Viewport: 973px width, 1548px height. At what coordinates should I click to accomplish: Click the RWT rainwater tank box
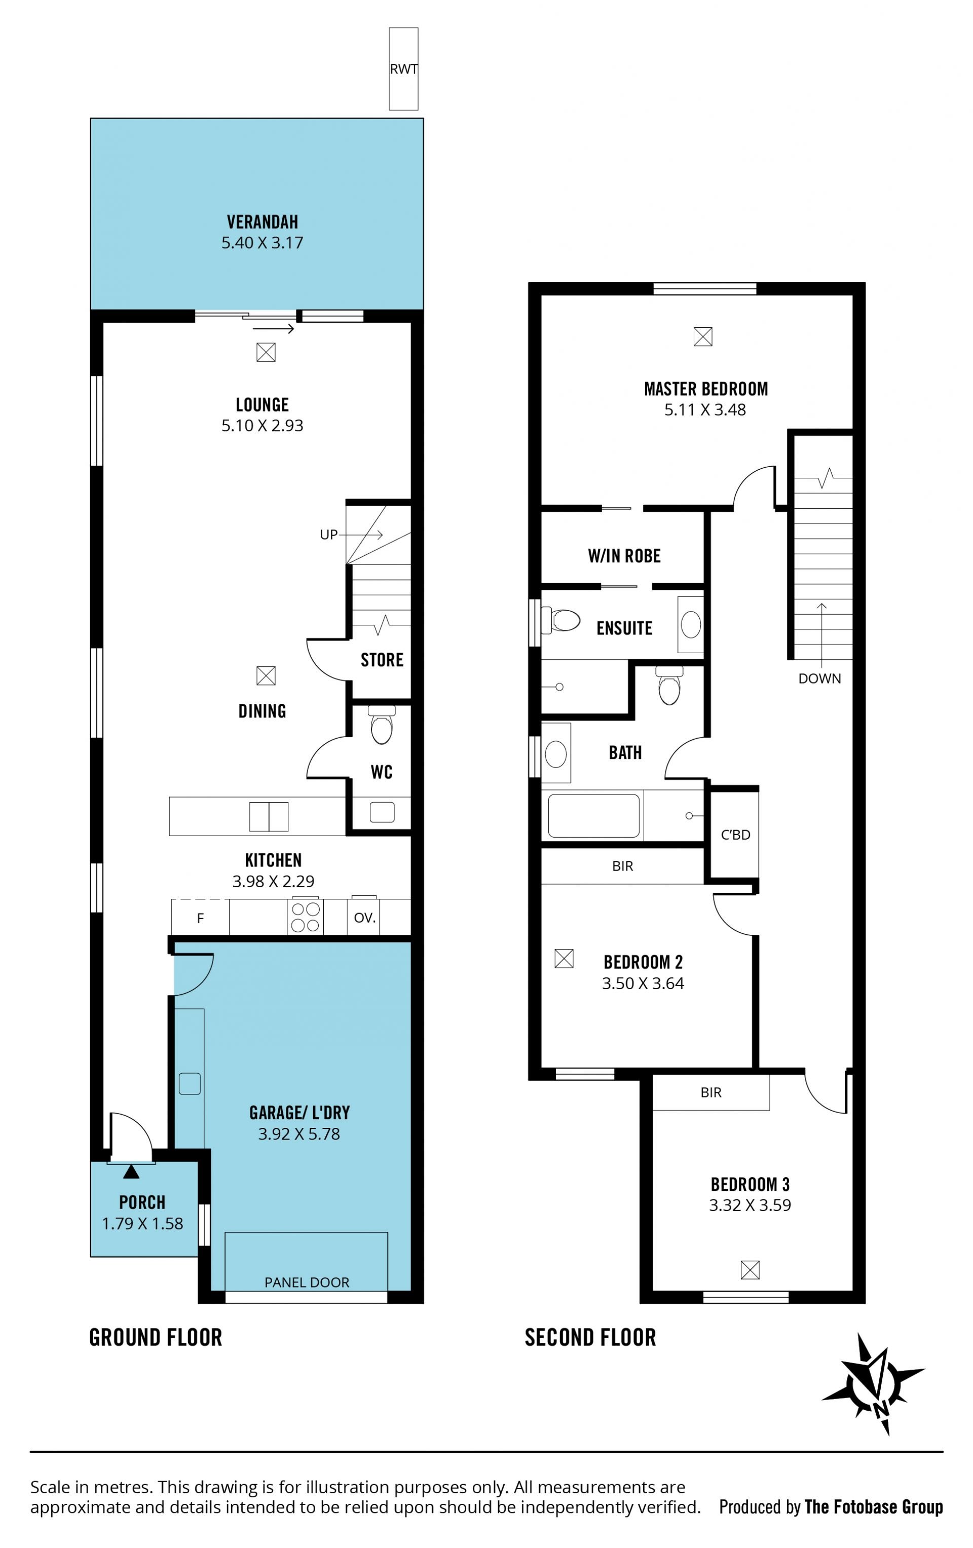pyautogui.click(x=403, y=69)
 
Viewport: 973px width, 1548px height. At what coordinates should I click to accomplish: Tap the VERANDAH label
pyautogui.click(x=263, y=222)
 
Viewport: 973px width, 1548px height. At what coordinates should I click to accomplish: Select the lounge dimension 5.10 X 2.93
pyautogui.click(x=263, y=426)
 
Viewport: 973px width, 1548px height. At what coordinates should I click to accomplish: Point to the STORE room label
pyautogui.click(x=382, y=660)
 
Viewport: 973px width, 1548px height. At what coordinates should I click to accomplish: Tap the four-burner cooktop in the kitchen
pyautogui.click(x=306, y=916)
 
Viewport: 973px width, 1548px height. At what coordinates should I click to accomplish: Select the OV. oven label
pyautogui.click(x=365, y=918)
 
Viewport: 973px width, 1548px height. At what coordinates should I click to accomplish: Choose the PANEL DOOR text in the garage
pyautogui.click(x=307, y=1282)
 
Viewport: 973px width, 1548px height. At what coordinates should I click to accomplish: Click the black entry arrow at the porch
pyautogui.click(x=131, y=1172)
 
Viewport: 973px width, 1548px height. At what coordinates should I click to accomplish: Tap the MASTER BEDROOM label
pyautogui.click(x=705, y=389)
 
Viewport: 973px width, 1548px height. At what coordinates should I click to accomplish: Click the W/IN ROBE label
pyautogui.click(x=624, y=556)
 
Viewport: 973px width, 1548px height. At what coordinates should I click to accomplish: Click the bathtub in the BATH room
pyautogui.click(x=593, y=815)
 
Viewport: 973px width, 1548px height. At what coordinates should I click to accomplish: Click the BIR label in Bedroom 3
pyautogui.click(x=710, y=1092)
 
